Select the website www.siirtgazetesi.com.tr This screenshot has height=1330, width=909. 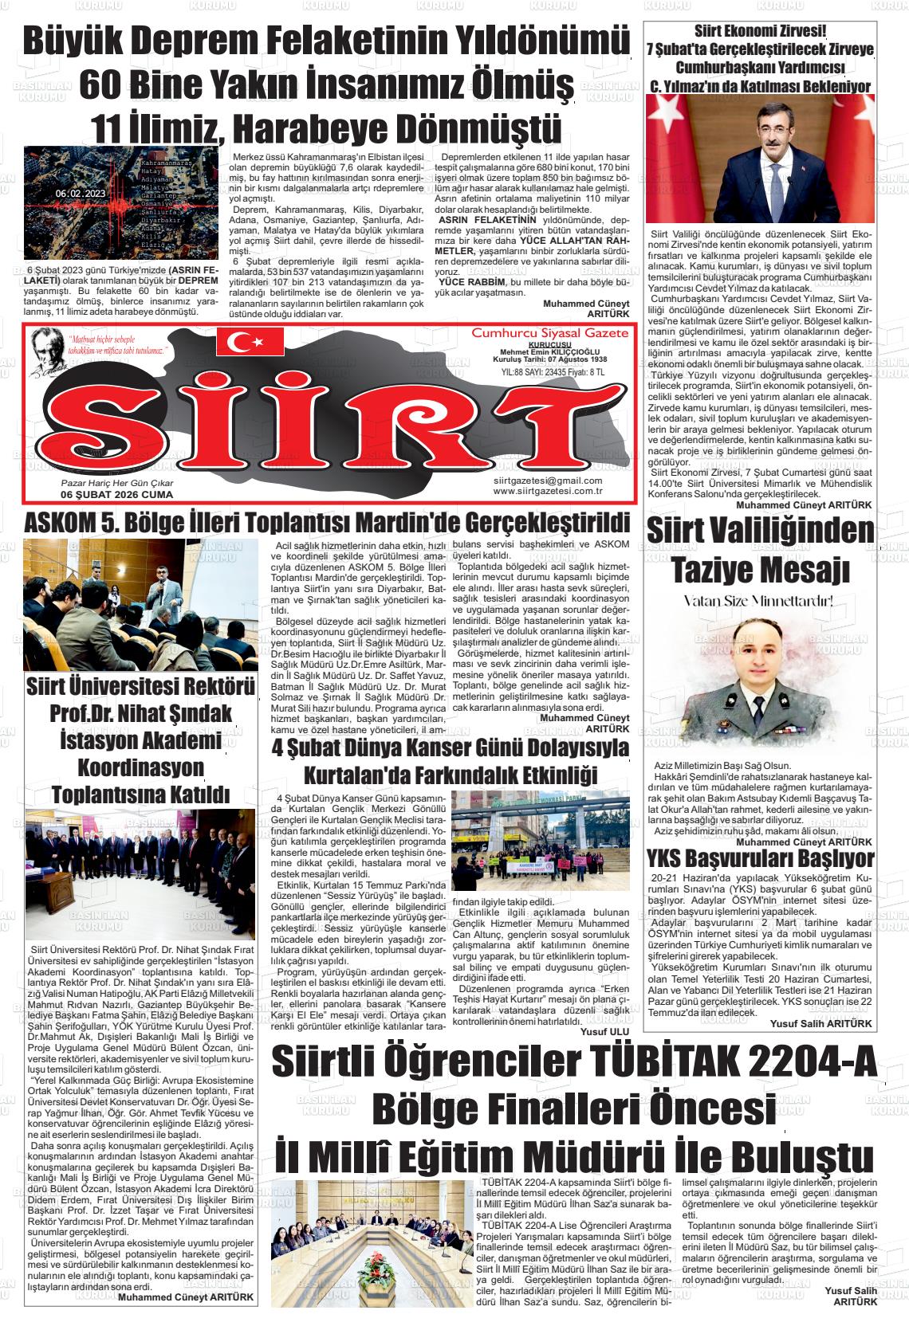[x=547, y=491]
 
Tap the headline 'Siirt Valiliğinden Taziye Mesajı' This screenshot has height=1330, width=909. [x=760, y=549]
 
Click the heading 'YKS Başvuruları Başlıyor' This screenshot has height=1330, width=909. [x=760, y=859]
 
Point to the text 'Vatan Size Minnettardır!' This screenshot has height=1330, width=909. [x=759, y=600]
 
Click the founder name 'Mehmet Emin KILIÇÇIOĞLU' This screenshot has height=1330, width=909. [x=549, y=351]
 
